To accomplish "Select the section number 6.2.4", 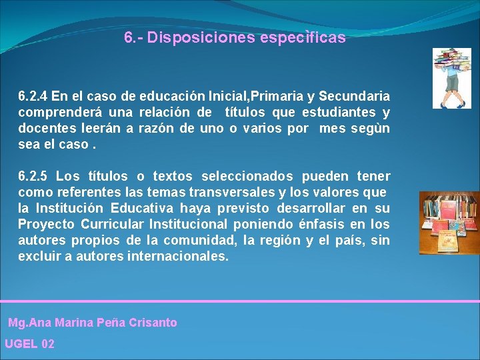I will [33, 97].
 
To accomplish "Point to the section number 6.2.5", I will [33, 177].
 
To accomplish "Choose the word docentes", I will [43, 128].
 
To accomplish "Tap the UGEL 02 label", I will [29, 344].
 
